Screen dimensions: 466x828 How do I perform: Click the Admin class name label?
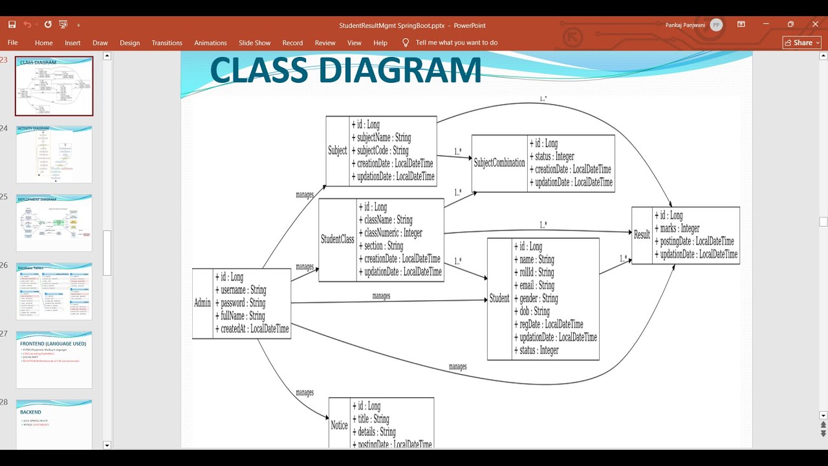202,303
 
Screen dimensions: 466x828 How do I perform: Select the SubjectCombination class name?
499,163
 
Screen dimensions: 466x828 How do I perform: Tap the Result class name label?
642,235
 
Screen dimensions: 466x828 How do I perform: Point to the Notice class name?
339,425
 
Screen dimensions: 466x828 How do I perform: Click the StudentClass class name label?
338,239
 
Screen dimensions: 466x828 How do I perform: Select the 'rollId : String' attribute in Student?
536,272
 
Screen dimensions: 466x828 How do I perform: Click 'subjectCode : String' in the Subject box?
382,151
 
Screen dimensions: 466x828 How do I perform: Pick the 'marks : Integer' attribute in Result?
680,228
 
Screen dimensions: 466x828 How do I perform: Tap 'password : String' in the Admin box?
243,303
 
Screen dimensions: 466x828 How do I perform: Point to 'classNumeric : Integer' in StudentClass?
393,233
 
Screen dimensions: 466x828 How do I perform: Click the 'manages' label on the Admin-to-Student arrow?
381,296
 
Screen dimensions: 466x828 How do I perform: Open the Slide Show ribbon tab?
254,43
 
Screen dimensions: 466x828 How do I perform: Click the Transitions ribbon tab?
167,43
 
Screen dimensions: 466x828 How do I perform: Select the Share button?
801,43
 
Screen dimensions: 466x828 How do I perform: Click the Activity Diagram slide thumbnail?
54,155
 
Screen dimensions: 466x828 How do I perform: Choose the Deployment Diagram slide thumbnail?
54,223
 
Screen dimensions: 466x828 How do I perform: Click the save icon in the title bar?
12,25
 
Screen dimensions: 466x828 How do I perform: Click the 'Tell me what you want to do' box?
456,43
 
